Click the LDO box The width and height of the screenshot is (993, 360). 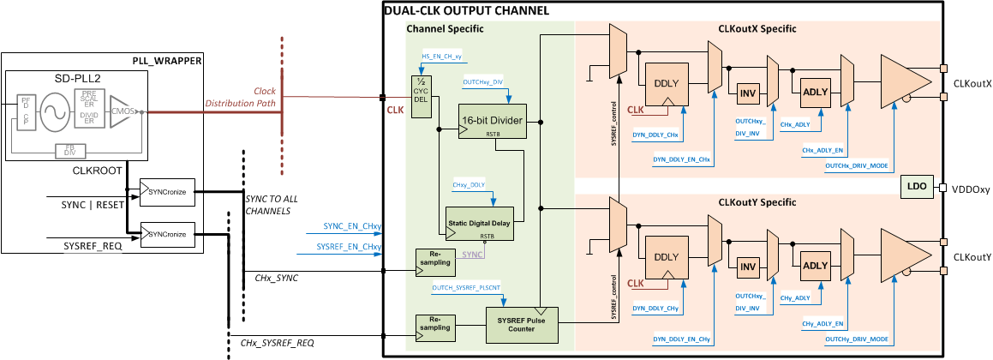(917, 187)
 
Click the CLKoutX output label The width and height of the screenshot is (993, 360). (972, 84)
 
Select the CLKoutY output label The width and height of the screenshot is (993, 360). (972, 257)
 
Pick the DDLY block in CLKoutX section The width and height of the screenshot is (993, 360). (667, 85)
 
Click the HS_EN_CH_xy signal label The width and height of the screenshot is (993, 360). (442, 57)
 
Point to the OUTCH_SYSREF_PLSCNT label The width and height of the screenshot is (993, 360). (467, 289)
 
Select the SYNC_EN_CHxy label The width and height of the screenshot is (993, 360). (352, 226)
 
